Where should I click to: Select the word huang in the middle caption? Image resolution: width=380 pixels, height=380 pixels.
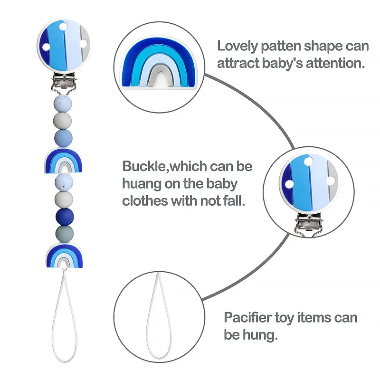point(142,183)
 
